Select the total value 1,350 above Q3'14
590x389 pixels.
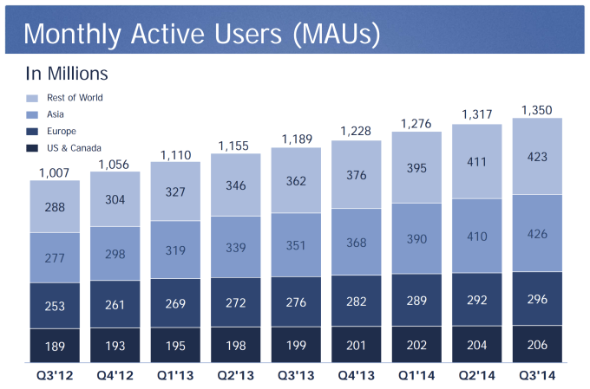(x=536, y=109)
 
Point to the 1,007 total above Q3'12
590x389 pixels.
(x=54, y=172)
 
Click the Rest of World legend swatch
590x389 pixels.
(x=33, y=99)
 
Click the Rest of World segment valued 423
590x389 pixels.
(x=537, y=158)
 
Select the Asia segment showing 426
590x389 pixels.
(x=537, y=234)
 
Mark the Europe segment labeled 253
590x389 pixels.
(x=55, y=305)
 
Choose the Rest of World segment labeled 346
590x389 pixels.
(x=236, y=185)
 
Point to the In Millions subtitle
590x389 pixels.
(x=66, y=74)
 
